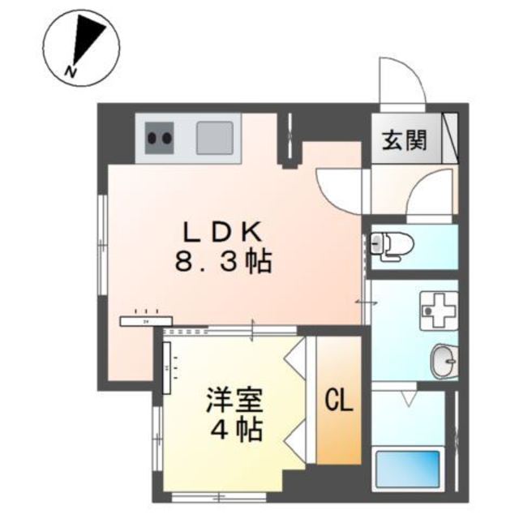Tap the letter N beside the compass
(71, 73)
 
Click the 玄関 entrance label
(405, 139)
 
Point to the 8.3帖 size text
(221, 262)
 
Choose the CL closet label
(339, 400)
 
